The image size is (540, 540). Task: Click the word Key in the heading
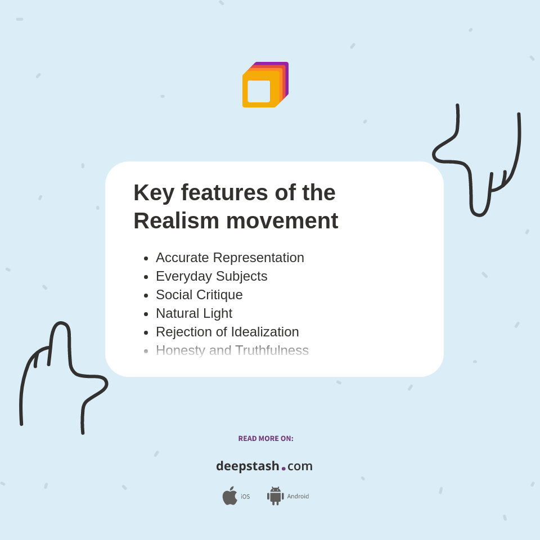click(x=152, y=193)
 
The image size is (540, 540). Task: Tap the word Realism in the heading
click(x=175, y=220)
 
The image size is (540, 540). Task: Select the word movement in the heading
click(x=282, y=220)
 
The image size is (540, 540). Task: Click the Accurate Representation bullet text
click(x=229, y=258)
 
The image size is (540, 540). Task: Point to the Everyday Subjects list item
click(x=211, y=276)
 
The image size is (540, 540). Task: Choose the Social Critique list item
click(x=199, y=295)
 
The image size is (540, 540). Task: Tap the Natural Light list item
click(x=194, y=313)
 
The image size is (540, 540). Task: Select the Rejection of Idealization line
click(x=227, y=332)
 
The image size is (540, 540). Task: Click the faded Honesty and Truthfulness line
click(x=232, y=350)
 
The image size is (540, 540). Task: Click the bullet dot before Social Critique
click(x=146, y=295)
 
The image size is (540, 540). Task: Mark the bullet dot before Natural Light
click(x=146, y=314)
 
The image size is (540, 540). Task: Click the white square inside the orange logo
click(x=259, y=91)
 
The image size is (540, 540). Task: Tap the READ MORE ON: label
click(x=265, y=439)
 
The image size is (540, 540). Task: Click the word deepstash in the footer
click(x=247, y=466)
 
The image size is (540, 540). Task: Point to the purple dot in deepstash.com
click(x=283, y=469)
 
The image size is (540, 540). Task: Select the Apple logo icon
click(x=229, y=496)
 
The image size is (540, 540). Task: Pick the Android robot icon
click(x=275, y=496)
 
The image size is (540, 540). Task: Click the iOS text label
click(x=245, y=497)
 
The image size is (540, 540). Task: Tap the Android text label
click(x=298, y=497)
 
